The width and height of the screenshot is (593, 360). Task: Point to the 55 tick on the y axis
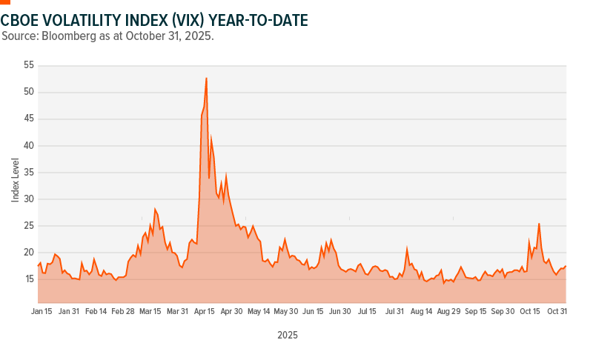click(x=29, y=65)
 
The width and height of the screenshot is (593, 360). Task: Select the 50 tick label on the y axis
click(x=29, y=92)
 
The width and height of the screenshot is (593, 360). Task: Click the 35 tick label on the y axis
click(x=29, y=172)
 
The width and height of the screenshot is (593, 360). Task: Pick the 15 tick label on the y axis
click(x=29, y=279)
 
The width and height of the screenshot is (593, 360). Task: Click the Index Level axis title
click(x=15, y=179)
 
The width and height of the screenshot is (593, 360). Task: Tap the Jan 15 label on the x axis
click(x=42, y=312)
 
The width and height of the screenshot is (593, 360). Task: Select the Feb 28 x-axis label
click(x=123, y=312)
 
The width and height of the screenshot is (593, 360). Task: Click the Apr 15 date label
click(x=205, y=312)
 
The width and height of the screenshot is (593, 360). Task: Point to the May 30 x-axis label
click(x=286, y=312)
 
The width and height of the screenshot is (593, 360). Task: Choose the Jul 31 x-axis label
click(x=394, y=312)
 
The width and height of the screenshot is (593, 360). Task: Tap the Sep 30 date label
click(x=503, y=312)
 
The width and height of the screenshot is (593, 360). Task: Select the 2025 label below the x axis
click(x=288, y=336)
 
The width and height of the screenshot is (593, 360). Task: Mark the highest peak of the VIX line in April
click(x=206, y=78)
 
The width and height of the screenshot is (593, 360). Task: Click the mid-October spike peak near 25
click(x=539, y=223)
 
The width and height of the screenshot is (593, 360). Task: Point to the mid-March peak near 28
click(x=155, y=209)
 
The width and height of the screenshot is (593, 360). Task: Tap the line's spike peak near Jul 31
click(x=407, y=248)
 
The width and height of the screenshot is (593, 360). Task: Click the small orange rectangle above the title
click(x=5, y=2)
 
